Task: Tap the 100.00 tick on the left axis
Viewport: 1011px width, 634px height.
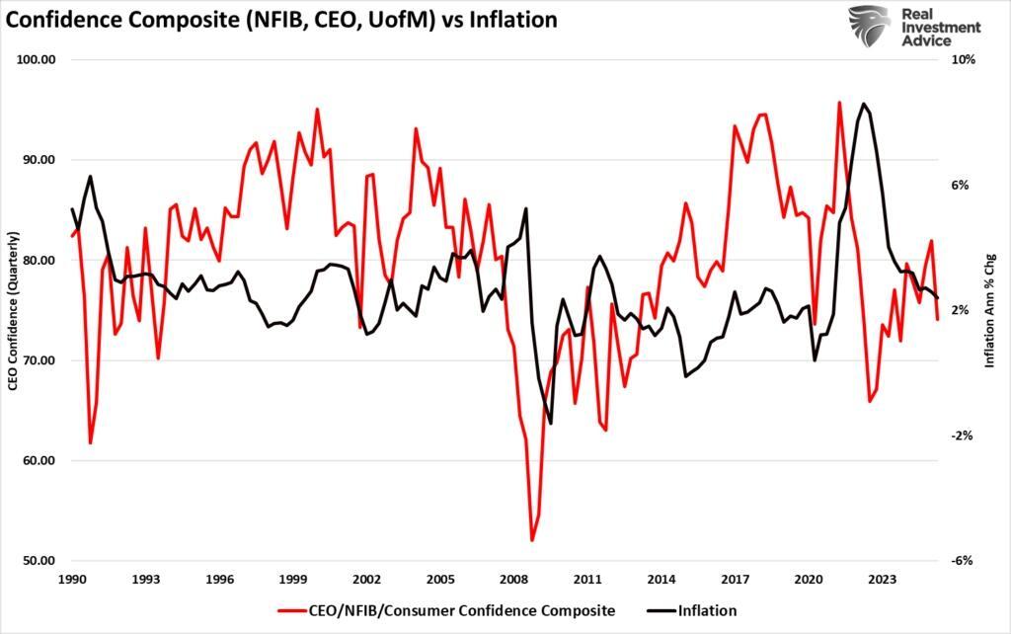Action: click(37, 60)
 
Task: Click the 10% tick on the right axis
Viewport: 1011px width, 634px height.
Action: click(964, 60)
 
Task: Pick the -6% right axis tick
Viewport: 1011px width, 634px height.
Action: click(964, 561)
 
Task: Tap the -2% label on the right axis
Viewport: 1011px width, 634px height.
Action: click(964, 436)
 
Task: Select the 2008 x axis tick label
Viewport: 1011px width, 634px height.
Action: click(513, 580)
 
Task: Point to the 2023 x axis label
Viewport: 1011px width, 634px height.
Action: click(882, 580)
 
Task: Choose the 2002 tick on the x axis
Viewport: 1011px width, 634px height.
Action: click(366, 580)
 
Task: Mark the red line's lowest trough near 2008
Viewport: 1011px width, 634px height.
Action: click(532, 540)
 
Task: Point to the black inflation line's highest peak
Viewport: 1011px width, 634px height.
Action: click(864, 104)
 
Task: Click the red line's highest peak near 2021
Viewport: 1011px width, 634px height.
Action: click(839, 102)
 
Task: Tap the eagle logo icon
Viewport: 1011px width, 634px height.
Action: click(870, 26)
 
